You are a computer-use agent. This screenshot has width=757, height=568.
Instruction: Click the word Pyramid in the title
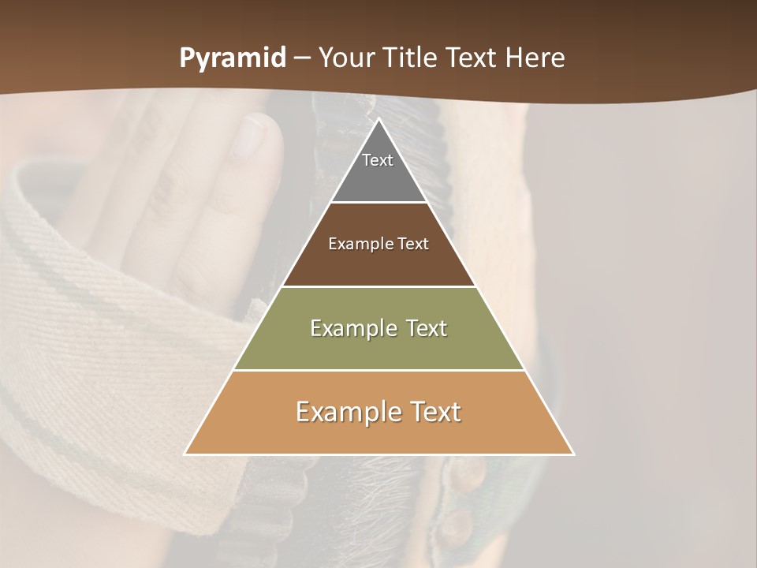[x=232, y=58]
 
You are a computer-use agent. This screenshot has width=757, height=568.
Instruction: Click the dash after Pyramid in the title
[x=302, y=58]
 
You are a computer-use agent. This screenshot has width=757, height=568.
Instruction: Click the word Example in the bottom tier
[x=348, y=412]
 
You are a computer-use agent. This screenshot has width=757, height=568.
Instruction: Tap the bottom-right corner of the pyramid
[x=572, y=454]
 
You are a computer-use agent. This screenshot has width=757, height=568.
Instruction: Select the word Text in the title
[x=475, y=58]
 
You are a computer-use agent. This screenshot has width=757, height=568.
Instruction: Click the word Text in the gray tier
[x=378, y=160]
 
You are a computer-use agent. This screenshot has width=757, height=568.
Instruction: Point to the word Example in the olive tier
[x=351, y=328]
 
